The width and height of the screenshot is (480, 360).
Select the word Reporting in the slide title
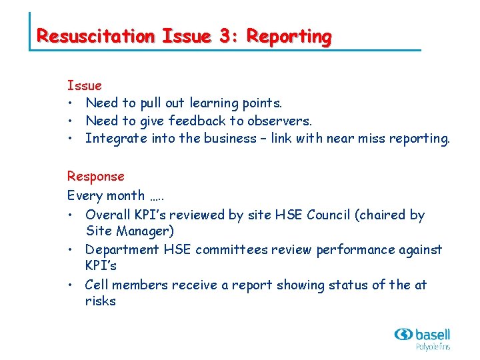pyautogui.click(x=289, y=36)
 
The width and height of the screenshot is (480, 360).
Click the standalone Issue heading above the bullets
pyautogui.click(x=85, y=85)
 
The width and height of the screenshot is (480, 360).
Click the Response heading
pyautogui.click(x=95, y=177)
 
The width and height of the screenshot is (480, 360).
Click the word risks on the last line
pyautogui.click(x=101, y=301)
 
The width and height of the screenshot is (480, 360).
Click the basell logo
pyautogui.click(x=423, y=338)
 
